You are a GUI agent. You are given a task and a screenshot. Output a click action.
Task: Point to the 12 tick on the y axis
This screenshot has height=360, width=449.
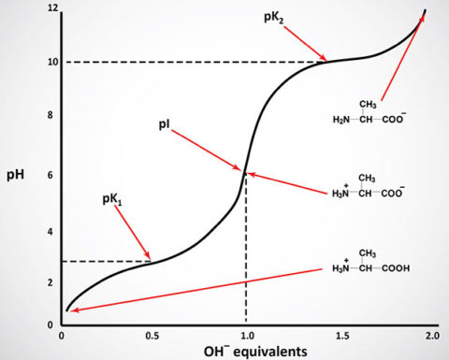[x=52, y=8]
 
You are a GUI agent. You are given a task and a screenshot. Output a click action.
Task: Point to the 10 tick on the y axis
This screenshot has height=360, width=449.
[x=52, y=62]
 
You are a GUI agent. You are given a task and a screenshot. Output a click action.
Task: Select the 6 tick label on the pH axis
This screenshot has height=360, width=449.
[x=54, y=174]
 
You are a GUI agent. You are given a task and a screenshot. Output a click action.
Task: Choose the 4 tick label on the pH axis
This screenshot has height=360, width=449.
[x=54, y=231]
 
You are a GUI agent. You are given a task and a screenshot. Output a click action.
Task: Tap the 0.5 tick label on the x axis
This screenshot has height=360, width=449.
[x=153, y=334]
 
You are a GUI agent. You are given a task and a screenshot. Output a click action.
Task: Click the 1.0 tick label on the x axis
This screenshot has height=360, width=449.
[x=245, y=334]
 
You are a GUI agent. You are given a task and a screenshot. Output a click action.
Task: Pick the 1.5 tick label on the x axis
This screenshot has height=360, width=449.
[x=339, y=334]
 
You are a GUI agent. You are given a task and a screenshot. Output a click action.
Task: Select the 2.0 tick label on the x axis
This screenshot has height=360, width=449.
[x=430, y=334]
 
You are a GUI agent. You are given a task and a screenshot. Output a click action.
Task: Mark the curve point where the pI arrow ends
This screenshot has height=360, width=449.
[x=245, y=172]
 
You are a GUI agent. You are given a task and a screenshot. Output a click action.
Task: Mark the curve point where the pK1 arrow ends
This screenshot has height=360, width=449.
[x=152, y=261]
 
